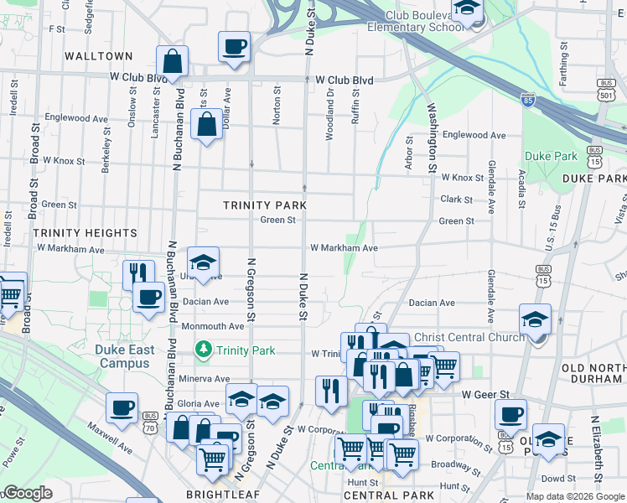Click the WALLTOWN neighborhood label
(100, 56)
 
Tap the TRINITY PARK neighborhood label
(265, 205)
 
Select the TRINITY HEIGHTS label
(85, 232)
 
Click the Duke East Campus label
(123, 357)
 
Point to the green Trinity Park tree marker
(202, 348)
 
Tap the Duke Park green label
(551, 156)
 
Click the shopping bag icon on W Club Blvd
(172, 62)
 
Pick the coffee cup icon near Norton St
(234, 47)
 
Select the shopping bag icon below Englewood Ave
(206, 126)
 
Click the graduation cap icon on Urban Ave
(203, 262)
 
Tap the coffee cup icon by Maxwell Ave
(122, 408)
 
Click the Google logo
(27, 494)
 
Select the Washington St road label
(433, 139)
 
